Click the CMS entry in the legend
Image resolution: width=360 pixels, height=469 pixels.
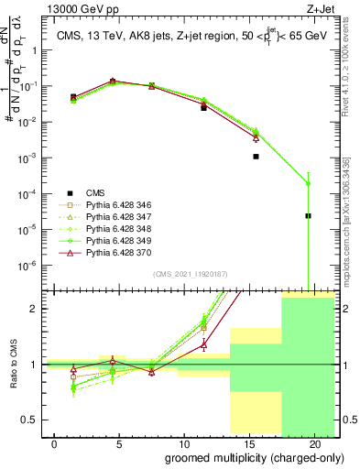95,193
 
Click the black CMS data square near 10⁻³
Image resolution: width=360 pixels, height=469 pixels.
256,157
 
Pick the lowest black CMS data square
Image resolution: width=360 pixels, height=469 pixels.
309,216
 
